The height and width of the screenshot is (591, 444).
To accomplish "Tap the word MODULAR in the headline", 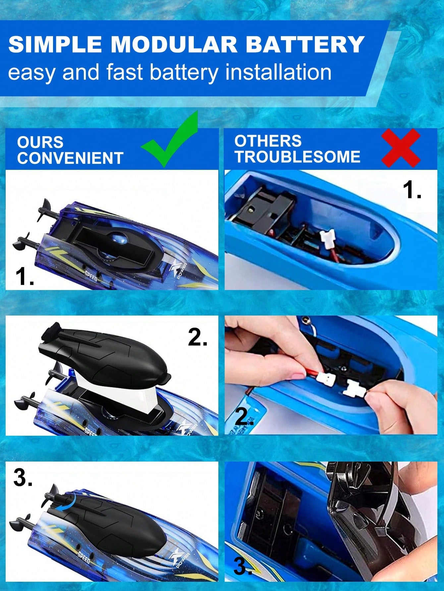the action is pyautogui.click(x=174, y=44).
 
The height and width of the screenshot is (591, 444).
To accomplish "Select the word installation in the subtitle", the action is pyautogui.click(x=278, y=72).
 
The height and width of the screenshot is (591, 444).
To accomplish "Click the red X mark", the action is pyautogui.click(x=401, y=148).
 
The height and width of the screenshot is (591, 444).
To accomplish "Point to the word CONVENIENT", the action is pyautogui.click(x=70, y=158).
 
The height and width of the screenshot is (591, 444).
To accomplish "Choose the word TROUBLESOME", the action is pyautogui.click(x=297, y=157).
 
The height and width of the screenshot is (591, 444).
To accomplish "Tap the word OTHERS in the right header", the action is pyautogui.click(x=268, y=141).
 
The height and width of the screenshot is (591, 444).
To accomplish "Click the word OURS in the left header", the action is pyautogui.click(x=40, y=142).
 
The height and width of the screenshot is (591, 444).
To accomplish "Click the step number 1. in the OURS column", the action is pyautogui.click(x=25, y=276).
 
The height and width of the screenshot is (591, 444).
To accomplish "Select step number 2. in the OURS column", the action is pyautogui.click(x=198, y=337).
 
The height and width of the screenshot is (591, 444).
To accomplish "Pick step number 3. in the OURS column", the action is pyautogui.click(x=23, y=477).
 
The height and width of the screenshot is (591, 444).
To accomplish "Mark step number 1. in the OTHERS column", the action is pyautogui.click(x=412, y=190).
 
